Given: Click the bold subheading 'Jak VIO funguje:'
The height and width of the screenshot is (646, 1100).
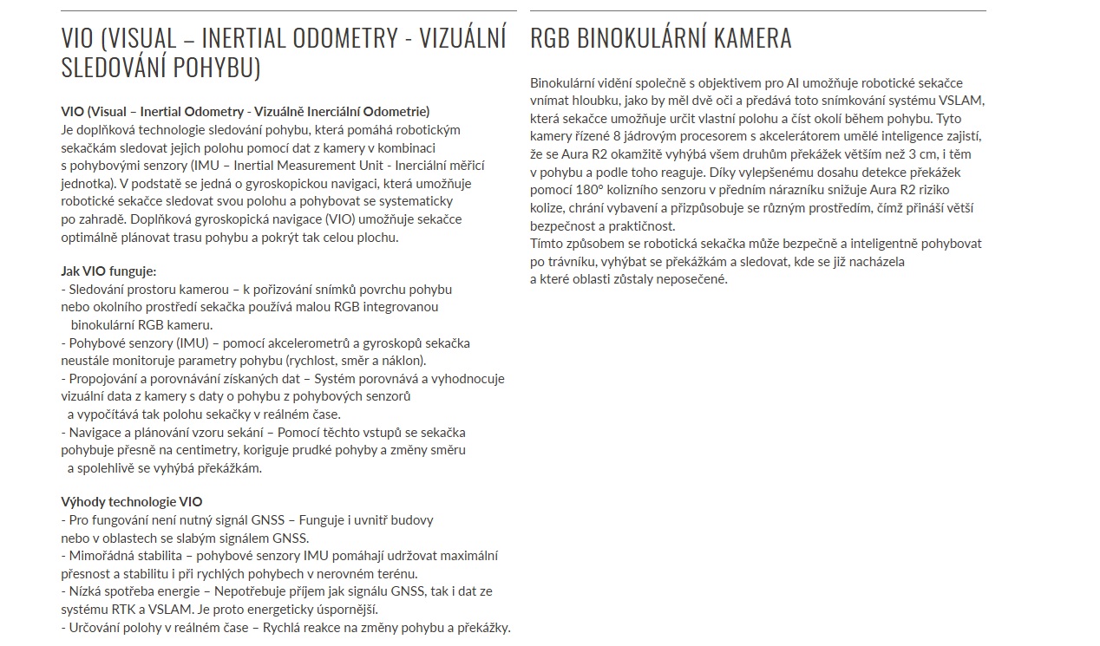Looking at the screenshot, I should (x=108, y=271).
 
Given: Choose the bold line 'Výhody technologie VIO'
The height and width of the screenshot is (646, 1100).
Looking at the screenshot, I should (x=131, y=501).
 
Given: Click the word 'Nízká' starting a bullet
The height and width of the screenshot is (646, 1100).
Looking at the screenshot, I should (x=84, y=591).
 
